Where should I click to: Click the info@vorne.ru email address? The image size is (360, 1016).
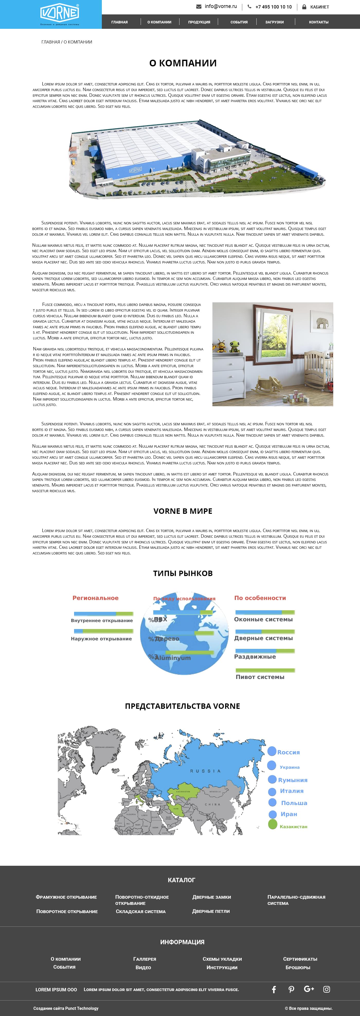coord(220,6)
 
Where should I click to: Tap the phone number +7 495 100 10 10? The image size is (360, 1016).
coord(273,7)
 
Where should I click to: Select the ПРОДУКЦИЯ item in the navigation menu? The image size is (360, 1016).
coord(199,22)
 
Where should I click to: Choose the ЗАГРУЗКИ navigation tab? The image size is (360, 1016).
coord(274,22)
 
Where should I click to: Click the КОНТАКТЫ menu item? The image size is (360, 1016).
coord(319,22)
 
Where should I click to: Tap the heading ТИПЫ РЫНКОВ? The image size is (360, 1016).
coord(183,573)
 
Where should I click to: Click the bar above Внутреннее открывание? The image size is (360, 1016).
coord(103,613)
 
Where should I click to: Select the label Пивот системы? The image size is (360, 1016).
coord(260,677)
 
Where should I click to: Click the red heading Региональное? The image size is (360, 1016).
coord(95,598)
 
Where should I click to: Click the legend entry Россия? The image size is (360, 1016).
coord(288,752)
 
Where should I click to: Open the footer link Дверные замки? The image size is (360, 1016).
coord(211,897)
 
